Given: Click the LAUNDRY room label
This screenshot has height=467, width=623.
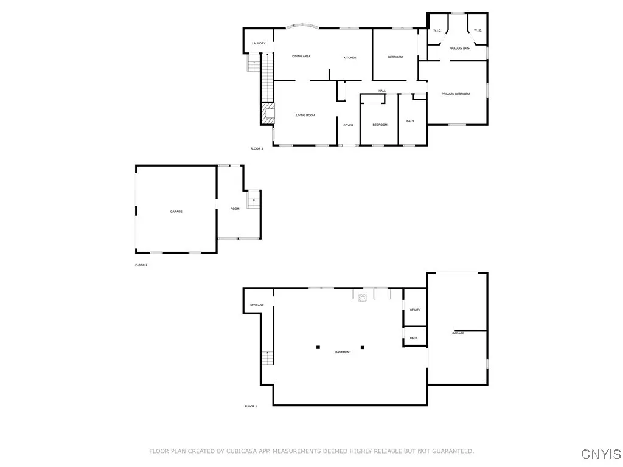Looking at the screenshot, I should point(259,43).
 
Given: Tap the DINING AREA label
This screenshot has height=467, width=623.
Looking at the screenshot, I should point(301,56).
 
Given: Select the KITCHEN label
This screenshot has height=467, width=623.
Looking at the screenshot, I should point(350,57).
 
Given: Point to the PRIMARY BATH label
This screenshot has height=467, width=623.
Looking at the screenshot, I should point(459,48).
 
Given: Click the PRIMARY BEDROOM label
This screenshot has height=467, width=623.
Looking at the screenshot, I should point(456,94).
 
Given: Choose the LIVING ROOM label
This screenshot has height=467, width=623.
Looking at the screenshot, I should point(305,115).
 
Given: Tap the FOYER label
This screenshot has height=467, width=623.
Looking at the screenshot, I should point(348,125).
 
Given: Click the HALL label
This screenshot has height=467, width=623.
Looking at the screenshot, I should point(382,91).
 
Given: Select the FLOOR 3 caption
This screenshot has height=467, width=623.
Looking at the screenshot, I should point(257,148).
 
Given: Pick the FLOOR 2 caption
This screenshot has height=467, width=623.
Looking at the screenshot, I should point(141,265).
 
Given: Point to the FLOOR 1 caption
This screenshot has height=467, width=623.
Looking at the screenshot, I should point(251,406).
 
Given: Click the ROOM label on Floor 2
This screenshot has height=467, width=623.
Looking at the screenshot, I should point(235,209).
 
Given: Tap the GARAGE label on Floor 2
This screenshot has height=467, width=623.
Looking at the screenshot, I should point(176,211).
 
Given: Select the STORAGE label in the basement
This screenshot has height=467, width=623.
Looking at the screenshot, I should point(257,305).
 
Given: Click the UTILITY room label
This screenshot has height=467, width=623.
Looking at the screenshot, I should point(415,310).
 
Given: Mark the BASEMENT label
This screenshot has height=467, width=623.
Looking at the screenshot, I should point(343,352).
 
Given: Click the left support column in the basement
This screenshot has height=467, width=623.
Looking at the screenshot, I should point(318,347).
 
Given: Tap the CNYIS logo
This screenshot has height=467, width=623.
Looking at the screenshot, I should point(601,454).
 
